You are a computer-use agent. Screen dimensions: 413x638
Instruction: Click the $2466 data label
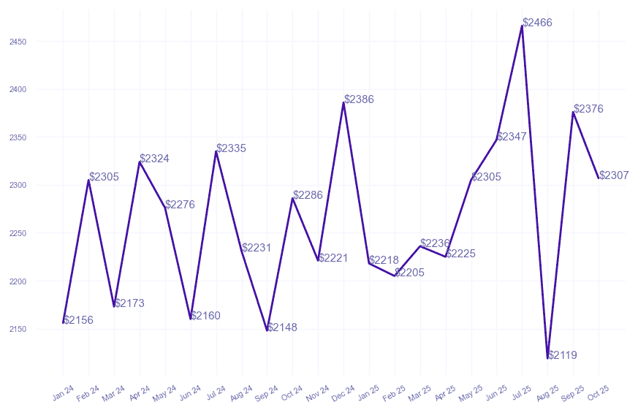[x=538, y=23]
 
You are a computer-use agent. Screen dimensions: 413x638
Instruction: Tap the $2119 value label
[x=563, y=355]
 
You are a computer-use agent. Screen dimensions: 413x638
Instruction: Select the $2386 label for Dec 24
[x=359, y=99]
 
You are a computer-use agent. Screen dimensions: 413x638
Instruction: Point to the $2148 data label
[x=282, y=327]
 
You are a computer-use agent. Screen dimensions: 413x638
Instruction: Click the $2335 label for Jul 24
[x=231, y=148]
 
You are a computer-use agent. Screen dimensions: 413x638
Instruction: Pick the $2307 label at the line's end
[x=614, y=175]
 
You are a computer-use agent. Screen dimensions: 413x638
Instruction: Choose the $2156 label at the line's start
[x=78, y=320]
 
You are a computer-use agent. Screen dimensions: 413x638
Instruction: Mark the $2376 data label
[x=588, y=109]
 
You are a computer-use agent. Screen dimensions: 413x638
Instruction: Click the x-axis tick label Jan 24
[x=64, y=394]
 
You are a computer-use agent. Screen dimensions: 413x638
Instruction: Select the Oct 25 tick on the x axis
[x=599, y=394]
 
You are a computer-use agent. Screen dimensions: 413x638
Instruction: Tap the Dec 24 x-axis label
[x=343, y=394]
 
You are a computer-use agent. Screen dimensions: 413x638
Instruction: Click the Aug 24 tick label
[x=242, y=394]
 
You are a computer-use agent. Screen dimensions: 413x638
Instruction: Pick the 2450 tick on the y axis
[x=18, y=42]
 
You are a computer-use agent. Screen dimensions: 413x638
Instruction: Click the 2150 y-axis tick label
[x=18, y=329]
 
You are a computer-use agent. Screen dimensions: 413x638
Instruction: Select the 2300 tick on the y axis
[x=18, y=186]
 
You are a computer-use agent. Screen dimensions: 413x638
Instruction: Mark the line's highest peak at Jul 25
[x=522, y=26]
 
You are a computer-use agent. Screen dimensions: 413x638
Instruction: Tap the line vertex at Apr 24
[x=140, y=162]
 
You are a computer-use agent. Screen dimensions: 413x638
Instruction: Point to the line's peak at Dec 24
[x=343, y=102]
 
